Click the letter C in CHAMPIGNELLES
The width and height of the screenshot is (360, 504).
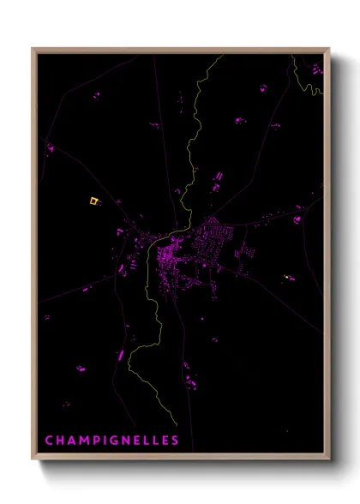pos(49,441)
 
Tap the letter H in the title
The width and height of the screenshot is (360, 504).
pos(60,441)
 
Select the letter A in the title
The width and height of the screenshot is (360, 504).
pos(71,441)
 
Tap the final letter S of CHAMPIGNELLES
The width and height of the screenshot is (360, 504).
pos(175,441)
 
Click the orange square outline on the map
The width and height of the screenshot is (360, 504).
pos(93,201)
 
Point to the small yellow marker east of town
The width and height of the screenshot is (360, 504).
pos(286,278)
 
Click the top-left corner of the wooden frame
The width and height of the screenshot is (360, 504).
pos(33,49)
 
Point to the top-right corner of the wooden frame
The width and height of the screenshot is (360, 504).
pos(329,49)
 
